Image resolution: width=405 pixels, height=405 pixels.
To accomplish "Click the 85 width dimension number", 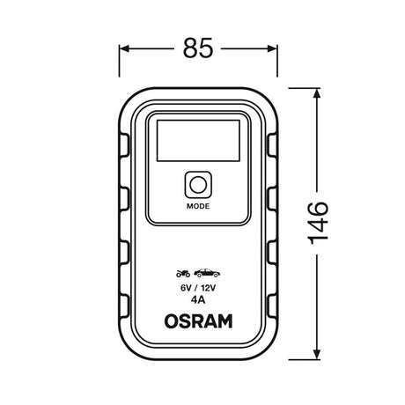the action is [x=198, y=48].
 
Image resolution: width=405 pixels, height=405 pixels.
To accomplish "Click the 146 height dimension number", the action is [x=318, y=223].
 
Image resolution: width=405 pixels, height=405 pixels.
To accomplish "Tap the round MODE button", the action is [x=198, y=185].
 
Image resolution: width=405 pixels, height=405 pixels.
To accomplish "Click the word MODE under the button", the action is [x=198, y=206].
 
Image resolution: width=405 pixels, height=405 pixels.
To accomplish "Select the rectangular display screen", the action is [x=198, y=141].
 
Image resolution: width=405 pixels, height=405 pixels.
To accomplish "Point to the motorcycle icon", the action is [x=183, y=274].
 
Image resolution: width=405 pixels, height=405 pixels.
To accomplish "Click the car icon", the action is [x=207, y=273].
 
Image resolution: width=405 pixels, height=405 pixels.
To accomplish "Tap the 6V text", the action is [x=186, y=288].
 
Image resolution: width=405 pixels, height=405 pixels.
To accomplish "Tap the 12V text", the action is [x=209, y=288].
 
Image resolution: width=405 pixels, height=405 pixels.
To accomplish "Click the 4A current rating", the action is [x=198, y=300].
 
